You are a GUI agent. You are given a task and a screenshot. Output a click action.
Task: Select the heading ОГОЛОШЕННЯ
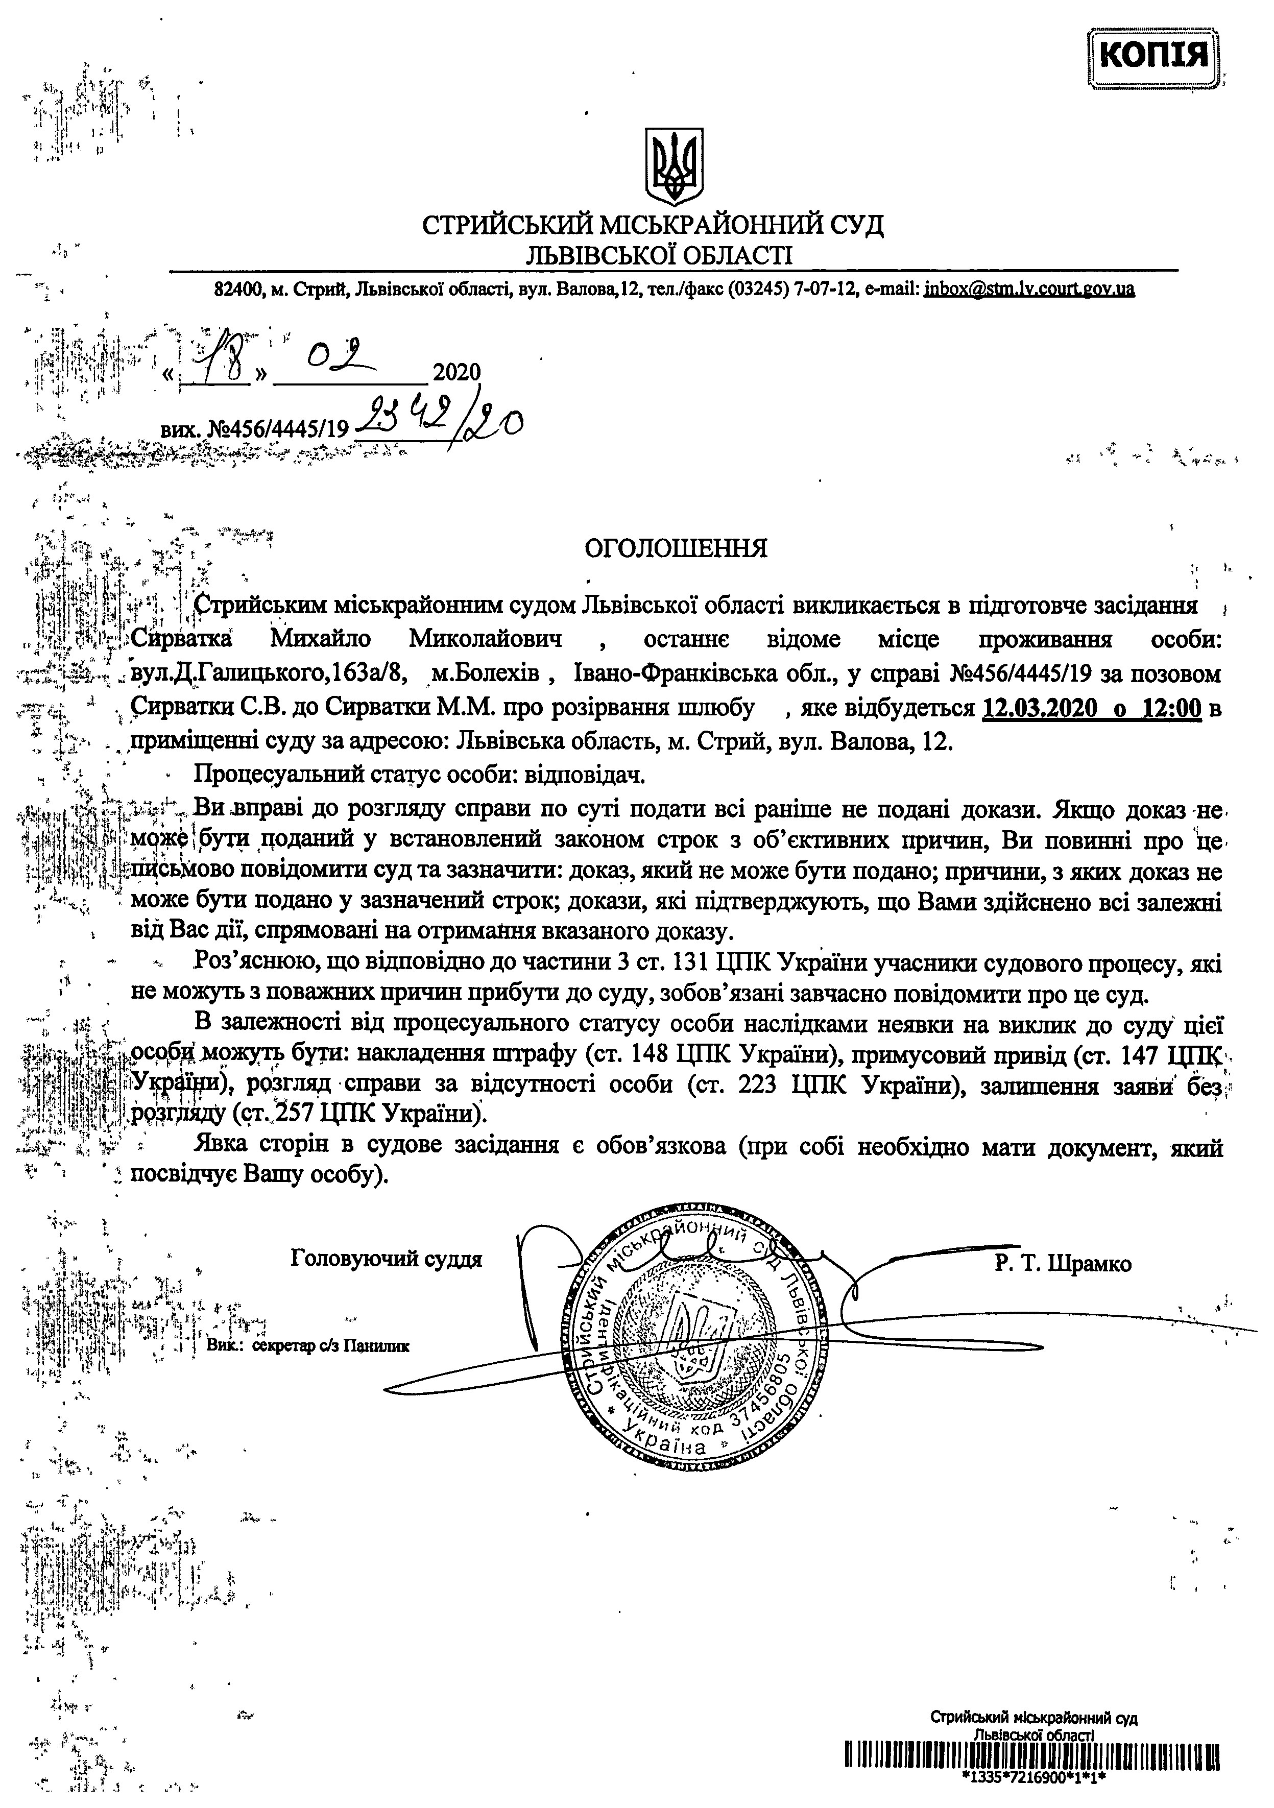pyautogui.click(x=676, y=547)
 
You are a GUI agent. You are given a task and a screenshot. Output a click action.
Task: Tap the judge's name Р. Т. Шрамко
pyautogui.click(x=1062, y=1264)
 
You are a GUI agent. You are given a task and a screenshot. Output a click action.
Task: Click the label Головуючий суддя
pyautogui.click(x=386, y=1259)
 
